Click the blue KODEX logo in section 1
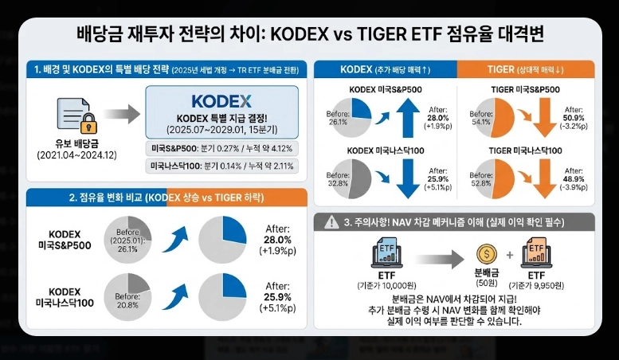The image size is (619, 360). (x=221, y=101)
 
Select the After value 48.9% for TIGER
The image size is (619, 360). (x=574, y=180)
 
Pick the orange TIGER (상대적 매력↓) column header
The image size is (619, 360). (x=525, y=69)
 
